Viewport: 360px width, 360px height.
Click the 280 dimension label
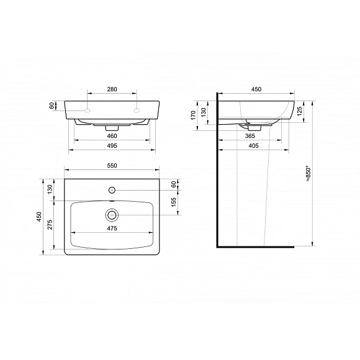(112, 89)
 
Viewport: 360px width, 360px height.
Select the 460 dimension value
(112, 136)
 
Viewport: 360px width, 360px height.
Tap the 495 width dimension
(112, 146)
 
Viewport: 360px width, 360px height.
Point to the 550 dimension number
(112, 166)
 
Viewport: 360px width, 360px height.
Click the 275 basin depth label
(50, 225)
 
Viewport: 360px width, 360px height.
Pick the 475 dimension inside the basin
(112, 228)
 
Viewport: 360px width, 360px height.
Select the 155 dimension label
(174, 202)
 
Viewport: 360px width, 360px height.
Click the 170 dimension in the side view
(193, 115)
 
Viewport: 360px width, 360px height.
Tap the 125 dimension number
(299, 111)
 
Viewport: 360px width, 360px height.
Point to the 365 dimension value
(250, 136)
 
